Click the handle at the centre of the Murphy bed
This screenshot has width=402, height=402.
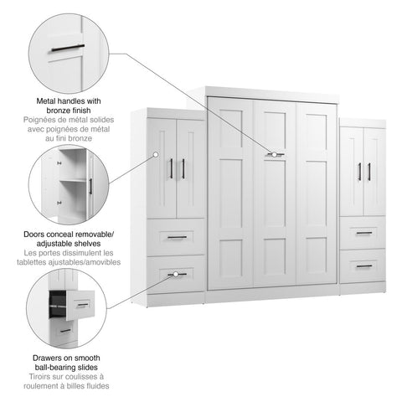(275, 154)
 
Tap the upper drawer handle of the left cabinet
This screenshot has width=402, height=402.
(177, 237)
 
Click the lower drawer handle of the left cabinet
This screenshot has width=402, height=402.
(177, 273)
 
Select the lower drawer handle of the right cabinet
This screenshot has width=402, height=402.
(363, 265)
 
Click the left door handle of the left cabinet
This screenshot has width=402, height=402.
(173, 168)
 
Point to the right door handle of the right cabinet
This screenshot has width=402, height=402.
(368, 171)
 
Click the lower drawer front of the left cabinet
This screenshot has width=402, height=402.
(177, 275)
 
